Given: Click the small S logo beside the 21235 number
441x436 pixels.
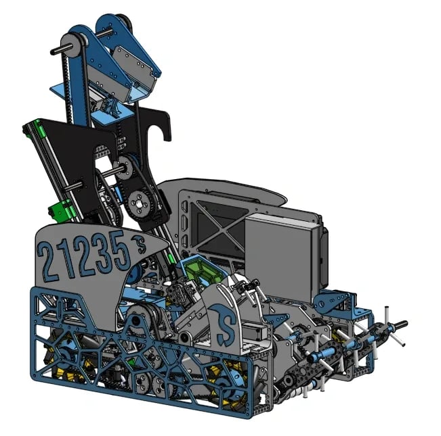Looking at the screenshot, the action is [140, 243].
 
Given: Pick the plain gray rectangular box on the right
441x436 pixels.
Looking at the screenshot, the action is [282, 256].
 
